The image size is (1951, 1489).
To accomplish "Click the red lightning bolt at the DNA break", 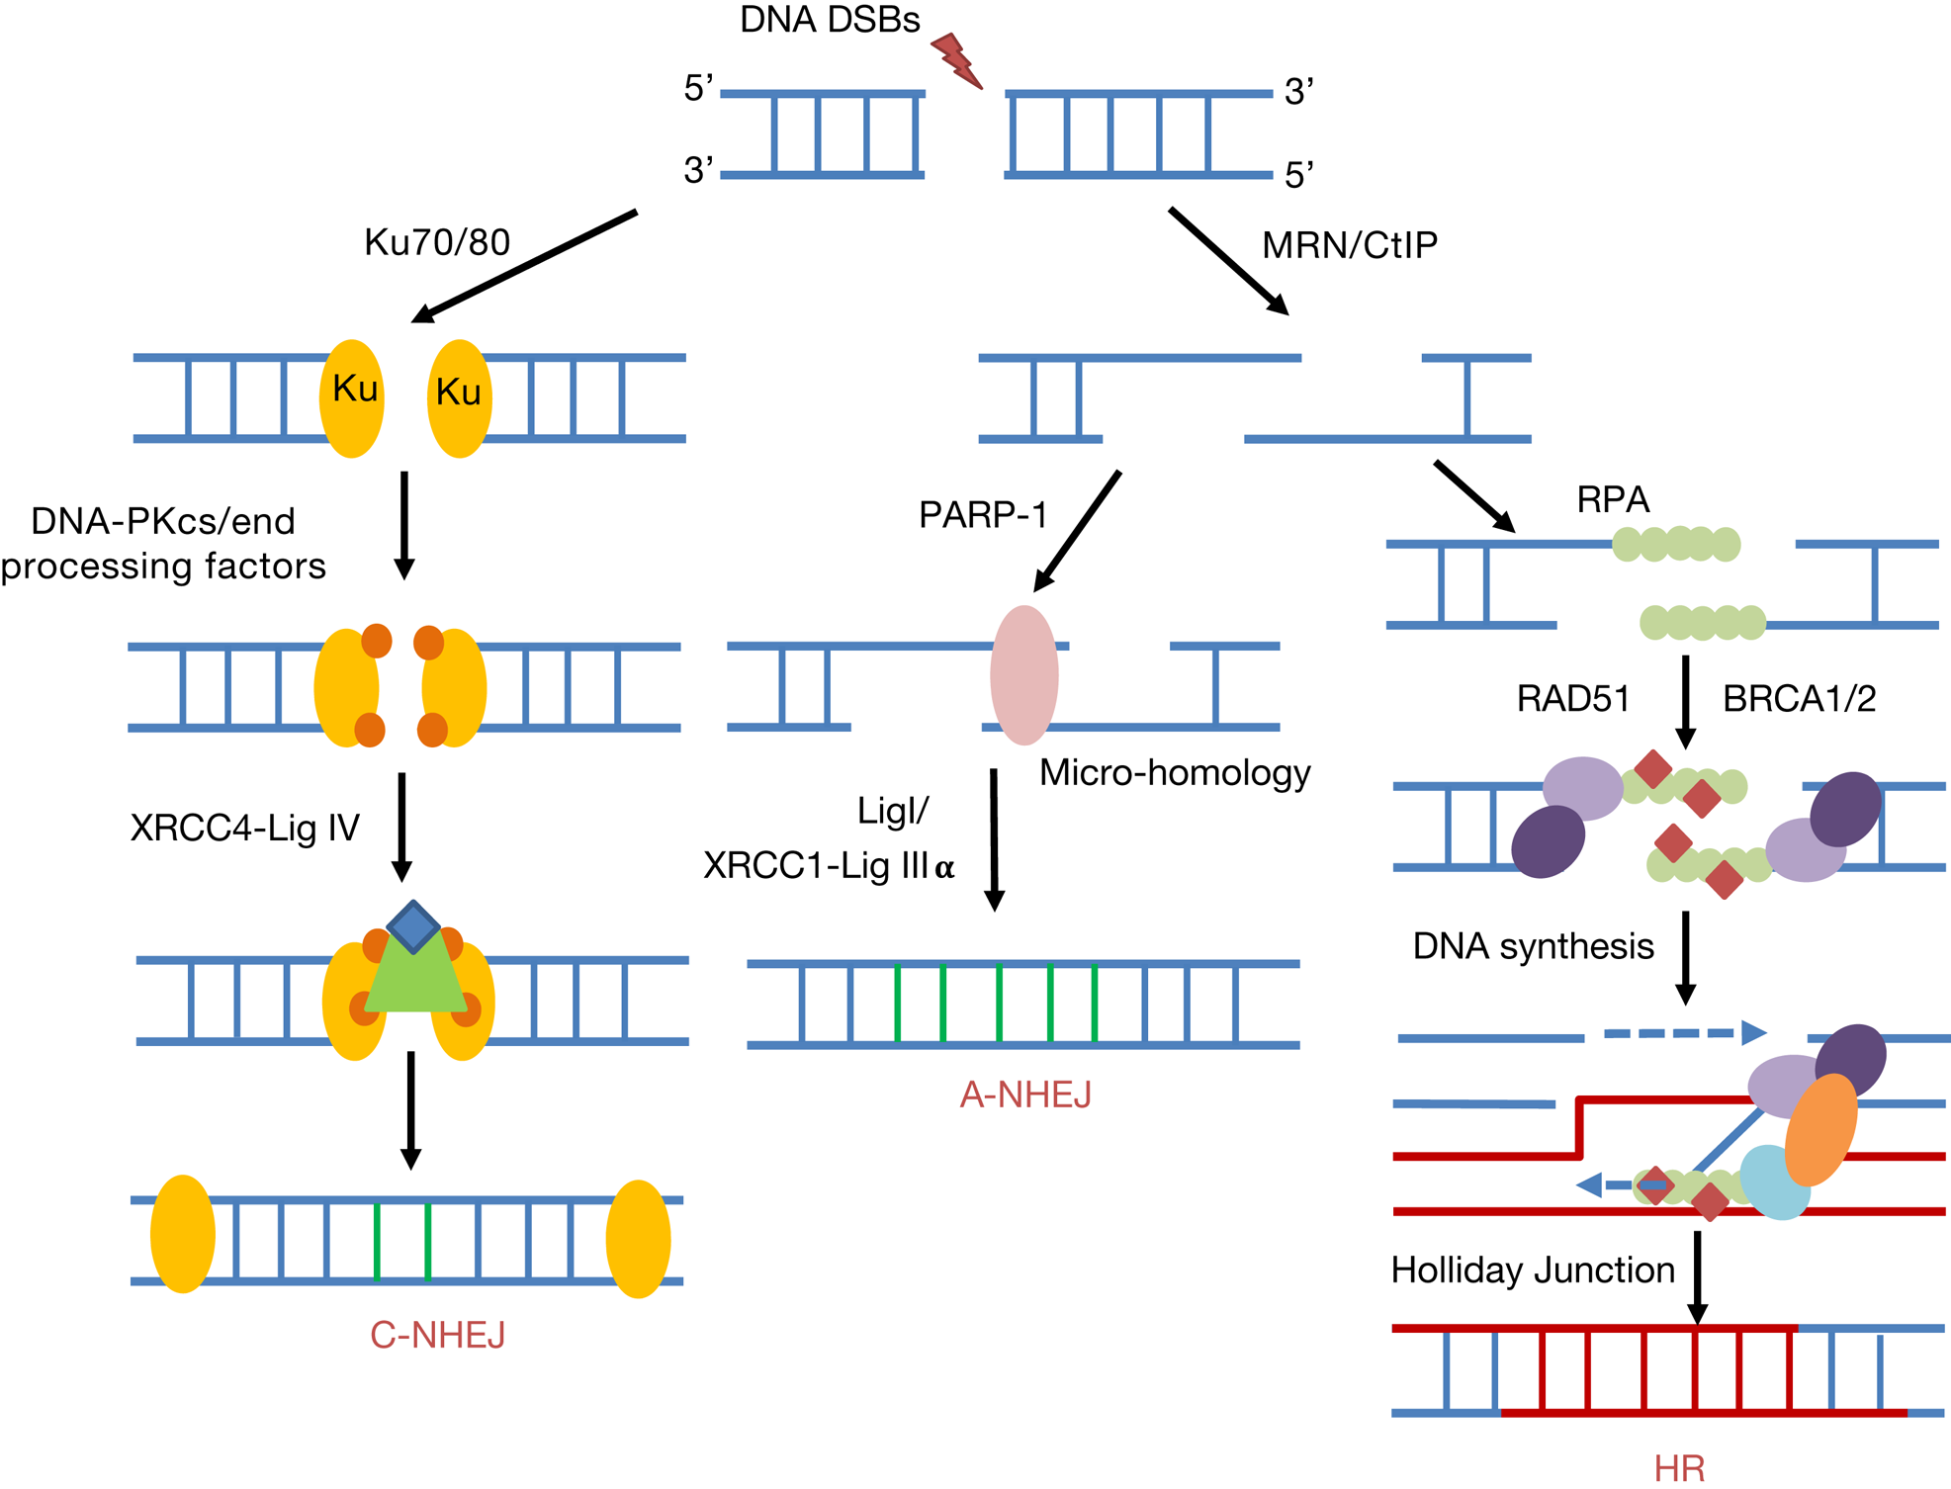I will [x=956, y=60].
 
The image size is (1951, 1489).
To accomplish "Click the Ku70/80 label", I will [x=437, y=242].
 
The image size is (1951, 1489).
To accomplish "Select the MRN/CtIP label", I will [x=1350, y=245].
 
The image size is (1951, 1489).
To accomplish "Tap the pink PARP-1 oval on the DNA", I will [x=1024, y=675].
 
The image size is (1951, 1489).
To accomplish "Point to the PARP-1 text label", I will [x=982, y=515].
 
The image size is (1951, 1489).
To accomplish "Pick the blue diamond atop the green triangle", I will [x=413, y=926].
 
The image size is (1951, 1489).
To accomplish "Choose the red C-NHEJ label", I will [x=438, y=1335].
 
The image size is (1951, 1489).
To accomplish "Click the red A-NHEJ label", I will [x=1025, y=1095].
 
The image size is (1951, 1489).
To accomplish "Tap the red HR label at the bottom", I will [x=1679, y=1468].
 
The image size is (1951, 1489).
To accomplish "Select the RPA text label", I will [x=1613, y=499].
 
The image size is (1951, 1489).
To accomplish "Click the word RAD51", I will [x=1572, y=699].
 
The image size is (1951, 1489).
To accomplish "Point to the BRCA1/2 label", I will [x=1799, y=699].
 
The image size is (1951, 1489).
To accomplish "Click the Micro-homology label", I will [x=1175, y=772].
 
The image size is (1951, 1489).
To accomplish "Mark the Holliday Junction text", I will [x=1532, y=1270].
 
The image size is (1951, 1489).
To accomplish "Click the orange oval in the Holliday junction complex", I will [x=1820, y=1130].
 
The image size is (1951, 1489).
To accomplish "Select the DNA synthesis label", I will [x=1533, y=946].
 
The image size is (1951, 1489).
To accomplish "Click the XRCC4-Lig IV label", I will [x=245, y=828].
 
